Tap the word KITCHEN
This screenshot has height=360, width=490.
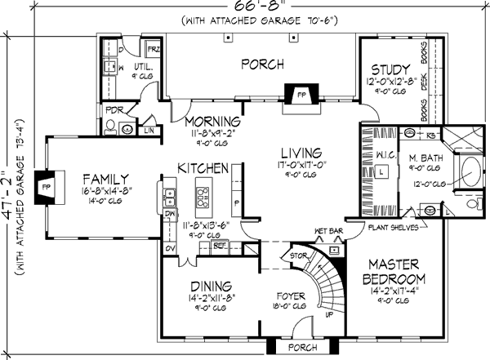(203, 167)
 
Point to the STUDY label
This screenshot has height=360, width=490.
(388, 69)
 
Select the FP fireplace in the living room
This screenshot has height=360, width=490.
(301, 94)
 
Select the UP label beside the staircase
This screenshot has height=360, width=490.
(329, 313)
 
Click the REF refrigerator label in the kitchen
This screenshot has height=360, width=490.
(218, 244)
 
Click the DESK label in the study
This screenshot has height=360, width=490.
(423, 81)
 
